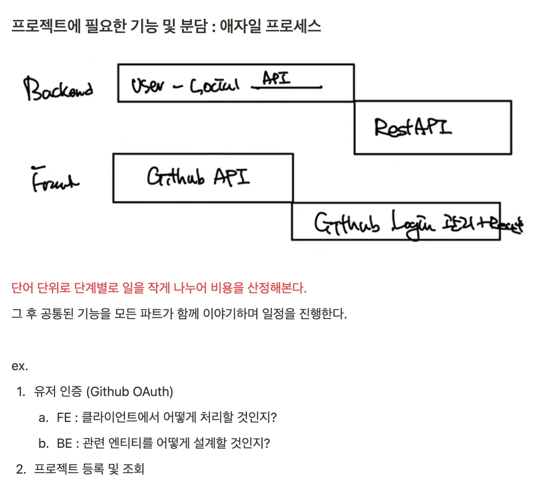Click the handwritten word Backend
[x=58, y=89]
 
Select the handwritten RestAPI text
[x=413, y=128]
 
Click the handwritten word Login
[x=413, y=225]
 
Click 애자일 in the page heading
[x=240, y=26]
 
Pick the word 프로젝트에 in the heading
[x=46, y=26]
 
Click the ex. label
[x=20, y=366]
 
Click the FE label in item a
[x=64, y=418]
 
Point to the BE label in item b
[x=64, y=443]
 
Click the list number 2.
[x=21, y=469]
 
